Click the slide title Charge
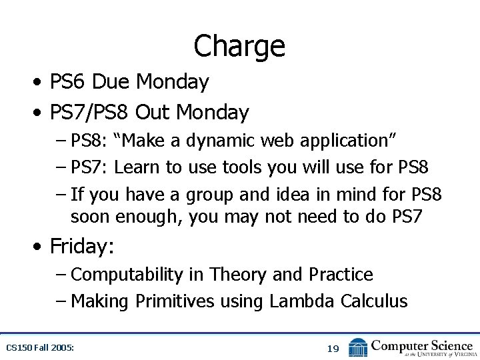(239, 46)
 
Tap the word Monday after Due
(172, 82)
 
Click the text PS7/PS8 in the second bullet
(89, 113)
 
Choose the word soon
(91, 217)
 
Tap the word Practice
(341, 274)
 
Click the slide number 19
(333, 348)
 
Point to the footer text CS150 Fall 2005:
(40, 348)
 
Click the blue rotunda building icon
(358, 347)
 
